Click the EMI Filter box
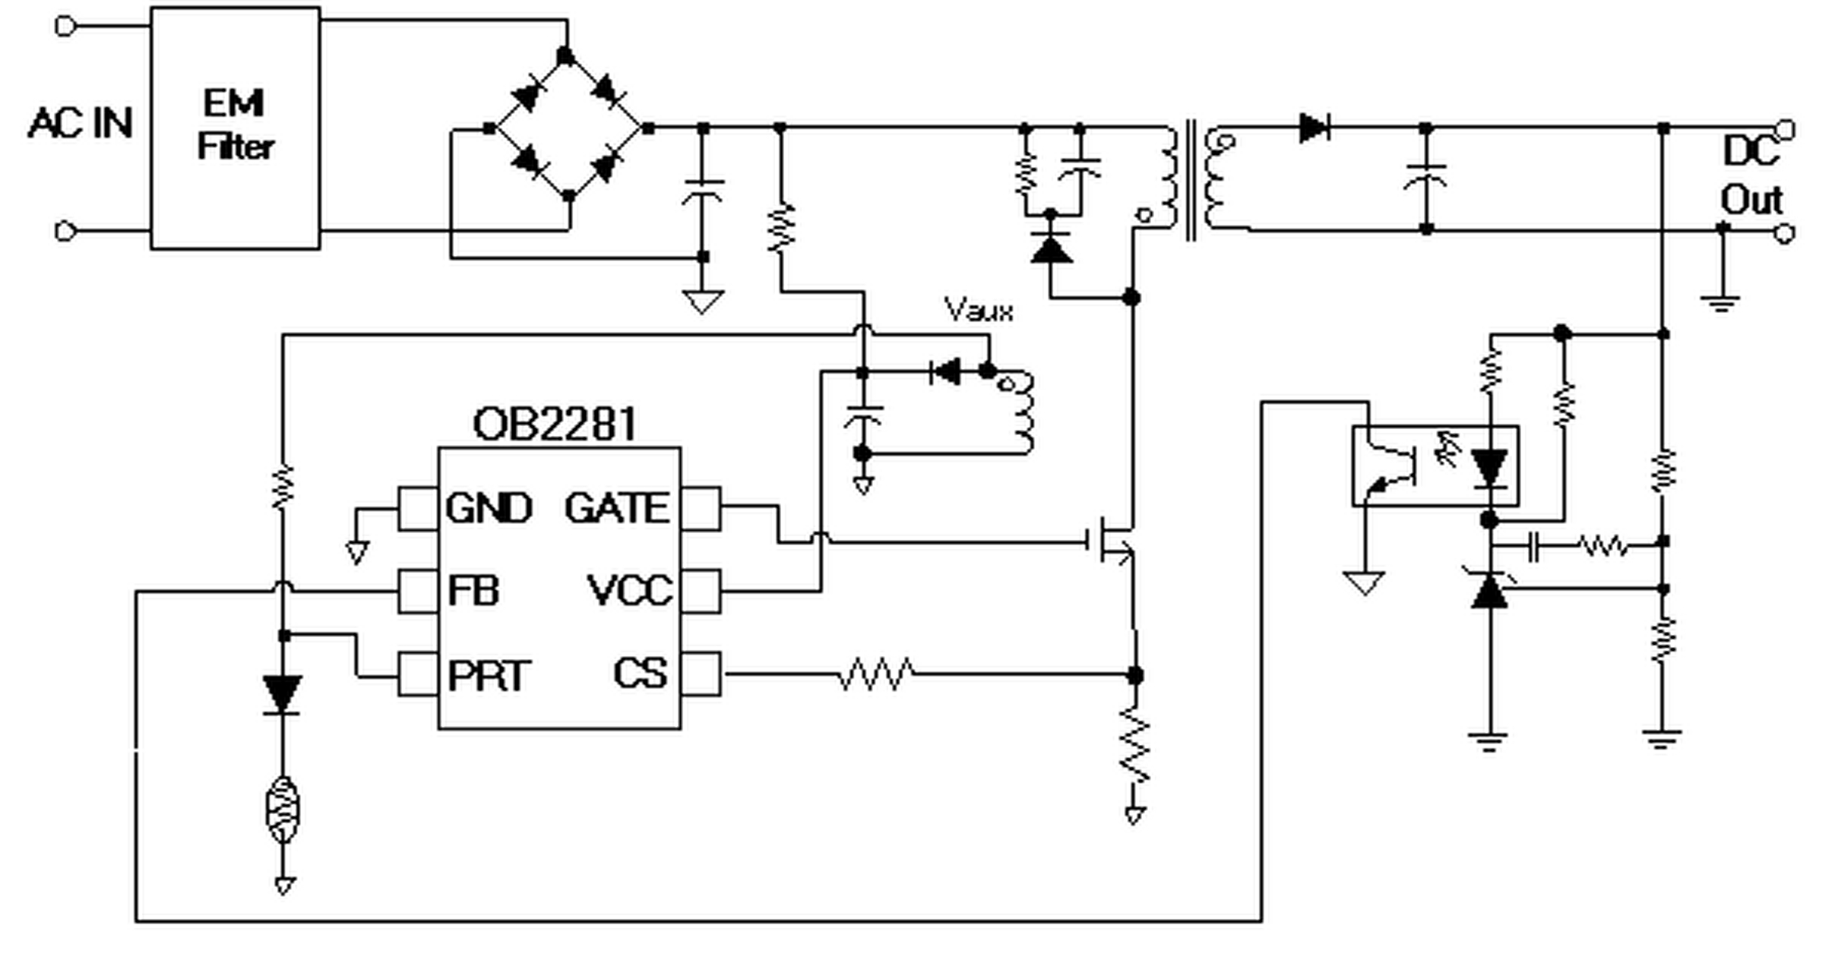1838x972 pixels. [235, 128]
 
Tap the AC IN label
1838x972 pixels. [81, 123]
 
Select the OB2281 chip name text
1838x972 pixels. [555, 424]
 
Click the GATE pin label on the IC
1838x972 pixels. [616, 508]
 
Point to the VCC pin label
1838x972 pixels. [630, 590]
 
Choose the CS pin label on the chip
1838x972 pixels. [641, 673]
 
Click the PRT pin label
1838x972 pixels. [488, 675]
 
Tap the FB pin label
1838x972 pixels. [473, 590]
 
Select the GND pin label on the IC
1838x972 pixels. [488, 508]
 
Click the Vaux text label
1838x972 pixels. [978, 310]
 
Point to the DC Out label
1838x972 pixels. [1751, 176]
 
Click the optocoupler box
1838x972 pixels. [1435, 465]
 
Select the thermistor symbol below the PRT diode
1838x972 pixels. [283, 810]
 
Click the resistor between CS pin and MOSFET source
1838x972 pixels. [875, 674]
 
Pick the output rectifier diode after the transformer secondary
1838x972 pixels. [1314, 128]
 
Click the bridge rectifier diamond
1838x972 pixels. [568, 128]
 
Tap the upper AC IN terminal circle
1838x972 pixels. [65, 27]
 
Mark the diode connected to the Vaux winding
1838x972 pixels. [946, 372]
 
